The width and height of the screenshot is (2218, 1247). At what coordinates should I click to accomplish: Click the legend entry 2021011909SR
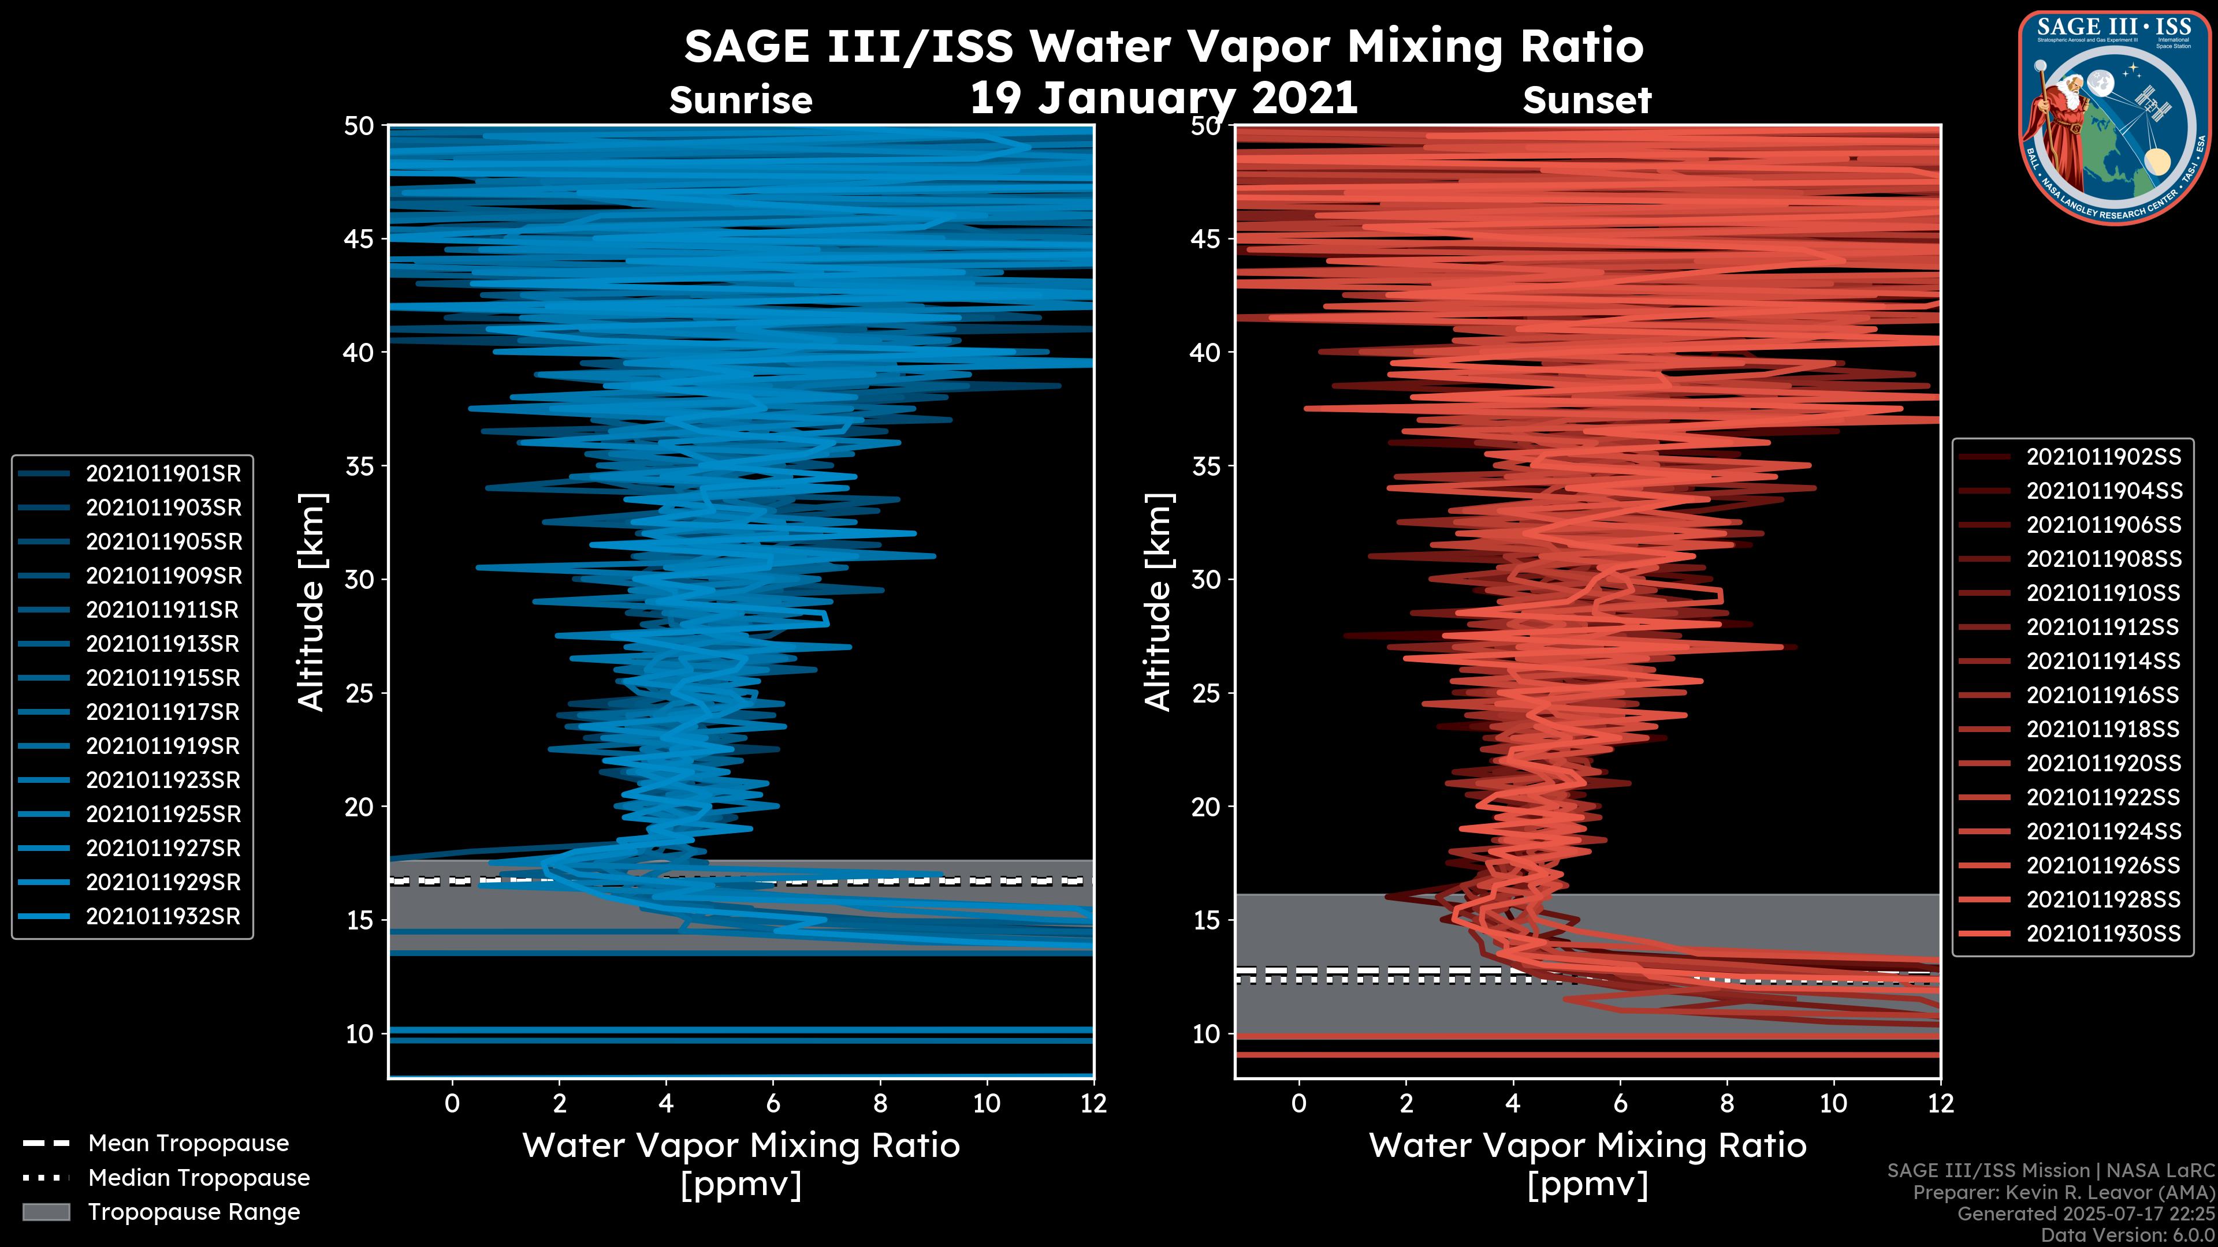163,576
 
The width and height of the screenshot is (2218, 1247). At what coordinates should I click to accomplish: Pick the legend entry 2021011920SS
2104,763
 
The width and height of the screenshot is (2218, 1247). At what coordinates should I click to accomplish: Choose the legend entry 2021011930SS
2104,934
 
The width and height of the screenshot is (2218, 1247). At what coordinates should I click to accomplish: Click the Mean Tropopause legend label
188,1144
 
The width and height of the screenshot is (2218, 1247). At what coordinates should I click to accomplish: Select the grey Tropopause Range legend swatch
46,1212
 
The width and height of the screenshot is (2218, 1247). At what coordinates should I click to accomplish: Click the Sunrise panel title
740,100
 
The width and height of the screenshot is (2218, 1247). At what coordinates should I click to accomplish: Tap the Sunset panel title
1587,100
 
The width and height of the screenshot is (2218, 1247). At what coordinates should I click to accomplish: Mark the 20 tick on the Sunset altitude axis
1206,807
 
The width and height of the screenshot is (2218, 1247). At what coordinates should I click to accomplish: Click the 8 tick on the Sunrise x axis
880,1103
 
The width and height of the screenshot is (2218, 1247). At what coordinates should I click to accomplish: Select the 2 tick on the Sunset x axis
1406,1103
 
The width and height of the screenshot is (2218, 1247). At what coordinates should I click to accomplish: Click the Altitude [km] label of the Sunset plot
1159,602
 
